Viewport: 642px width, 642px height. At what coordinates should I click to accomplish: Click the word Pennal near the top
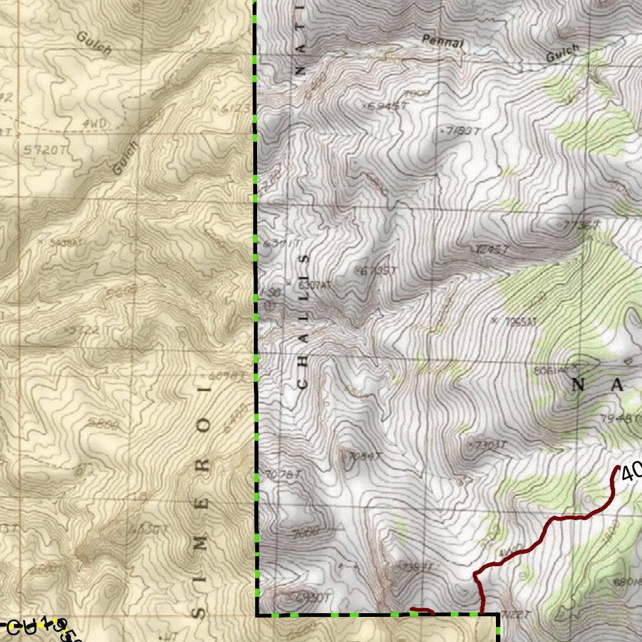coord(443,42)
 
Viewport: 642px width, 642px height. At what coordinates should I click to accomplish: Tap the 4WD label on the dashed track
coord(94,124)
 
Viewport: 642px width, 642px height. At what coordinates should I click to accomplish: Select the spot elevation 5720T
coord(44,150)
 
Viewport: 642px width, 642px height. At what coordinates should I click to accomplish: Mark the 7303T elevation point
coord(488,445)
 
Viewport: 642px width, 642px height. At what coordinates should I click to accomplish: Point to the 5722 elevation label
coord(85,330)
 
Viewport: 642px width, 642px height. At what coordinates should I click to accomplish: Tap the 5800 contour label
coord(103,424)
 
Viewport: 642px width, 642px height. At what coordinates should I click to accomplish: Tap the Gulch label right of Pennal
coord(562,53)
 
